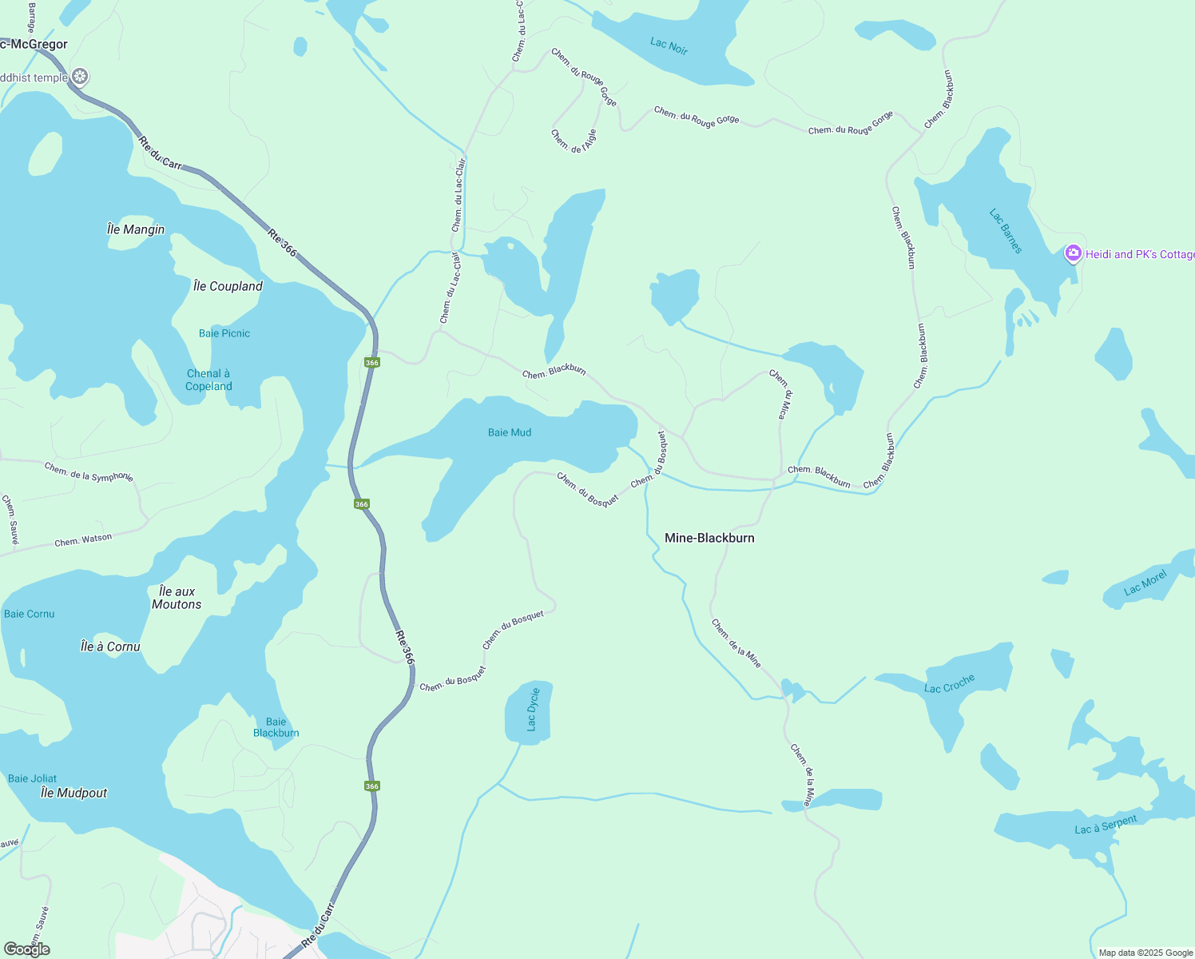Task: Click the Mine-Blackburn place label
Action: [x=709, y=538]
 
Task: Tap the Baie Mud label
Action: [x=510, y=432]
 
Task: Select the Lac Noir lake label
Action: [x=669, y=46]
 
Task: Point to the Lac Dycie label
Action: [x=533, y=710]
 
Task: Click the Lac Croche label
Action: [x=949, y=684]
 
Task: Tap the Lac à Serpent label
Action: [x=1106, y=825]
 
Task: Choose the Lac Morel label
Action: [x=1145, y=583]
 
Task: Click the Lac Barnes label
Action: [x=1006, y=231]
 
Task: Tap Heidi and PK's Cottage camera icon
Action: [x=1074, y=254]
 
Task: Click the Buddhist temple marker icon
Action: [x=79, y=78]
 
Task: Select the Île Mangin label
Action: [x=136, y=229]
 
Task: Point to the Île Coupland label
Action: [x=228, y=286]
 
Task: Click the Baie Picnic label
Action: [x=224, y=333]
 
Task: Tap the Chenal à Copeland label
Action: [x=208, y=380]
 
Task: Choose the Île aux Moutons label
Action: [x=177, y=598]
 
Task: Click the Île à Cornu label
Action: [x=110, y=647]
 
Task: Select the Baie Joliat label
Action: [x=33, y=778]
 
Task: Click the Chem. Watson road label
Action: [x=83, y=540]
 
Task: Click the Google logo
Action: [x=27, y=949]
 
